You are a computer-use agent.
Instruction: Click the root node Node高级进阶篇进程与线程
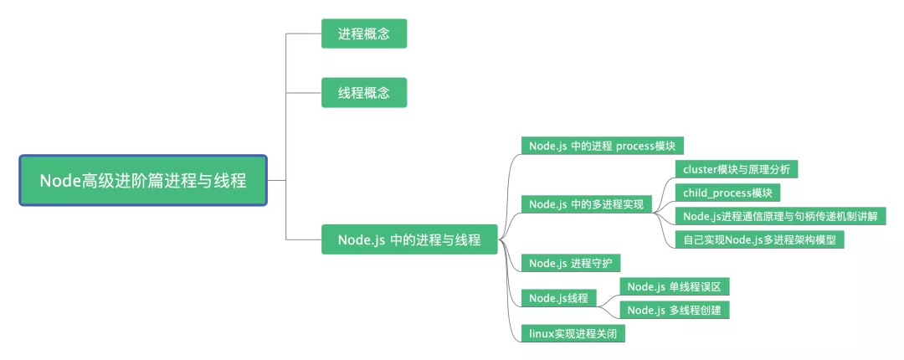(x=143, y=180)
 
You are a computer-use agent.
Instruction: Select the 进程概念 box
(x=364, y=34)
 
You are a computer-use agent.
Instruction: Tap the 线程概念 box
(x=364, y=93)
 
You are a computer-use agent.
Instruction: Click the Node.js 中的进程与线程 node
(x=409, y=239)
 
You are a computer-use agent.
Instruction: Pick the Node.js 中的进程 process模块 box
(x=602, y=145)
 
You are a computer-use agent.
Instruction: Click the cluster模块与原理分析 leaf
(x=736, y=168)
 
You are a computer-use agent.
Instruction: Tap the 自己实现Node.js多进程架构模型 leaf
(x=760, y=239)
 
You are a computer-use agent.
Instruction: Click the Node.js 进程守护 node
(x=570, y=263)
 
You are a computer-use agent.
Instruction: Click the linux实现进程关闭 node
(x=573, y=333)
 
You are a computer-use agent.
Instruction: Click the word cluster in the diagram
(x=700, y=168)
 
